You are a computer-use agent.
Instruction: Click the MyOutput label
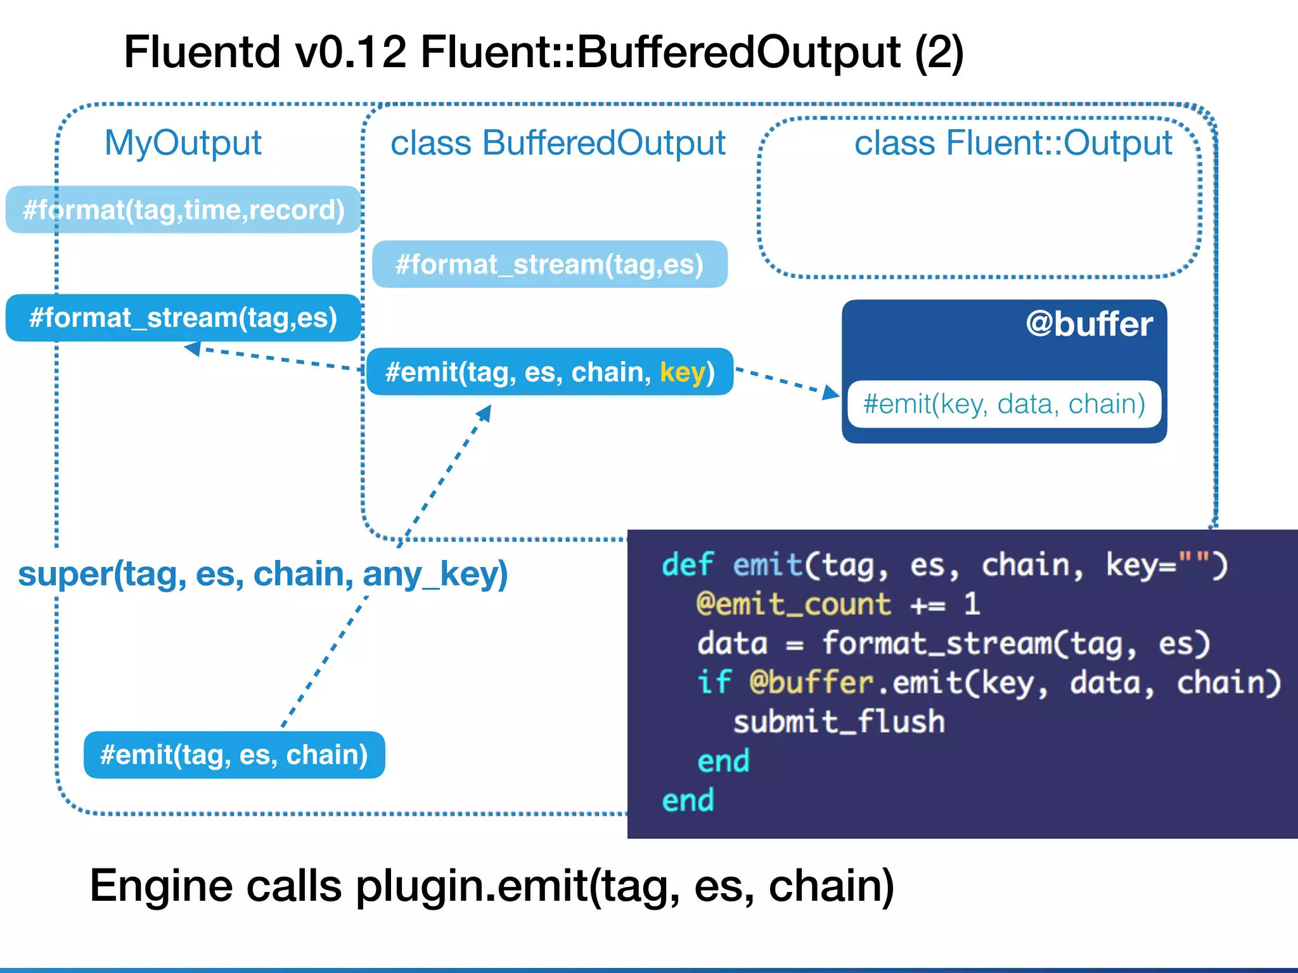183,143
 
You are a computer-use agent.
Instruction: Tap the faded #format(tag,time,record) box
183,210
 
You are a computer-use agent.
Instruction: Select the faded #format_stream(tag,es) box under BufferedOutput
549,264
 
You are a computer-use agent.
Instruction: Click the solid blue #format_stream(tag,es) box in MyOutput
183,317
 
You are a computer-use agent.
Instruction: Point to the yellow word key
683,372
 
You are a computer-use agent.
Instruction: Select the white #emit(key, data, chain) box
1004,404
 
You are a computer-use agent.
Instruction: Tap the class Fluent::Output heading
1013,143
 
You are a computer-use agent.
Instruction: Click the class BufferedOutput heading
558,143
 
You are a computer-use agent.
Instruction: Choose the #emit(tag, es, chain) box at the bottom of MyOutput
234,754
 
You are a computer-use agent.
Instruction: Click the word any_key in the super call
435,574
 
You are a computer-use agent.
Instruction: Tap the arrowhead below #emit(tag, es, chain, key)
485,414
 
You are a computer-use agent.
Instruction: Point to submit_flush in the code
839,722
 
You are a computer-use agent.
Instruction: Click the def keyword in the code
687,564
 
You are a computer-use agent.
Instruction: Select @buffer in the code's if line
811,683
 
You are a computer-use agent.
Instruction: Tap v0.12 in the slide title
350,52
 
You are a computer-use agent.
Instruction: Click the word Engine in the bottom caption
161,886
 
